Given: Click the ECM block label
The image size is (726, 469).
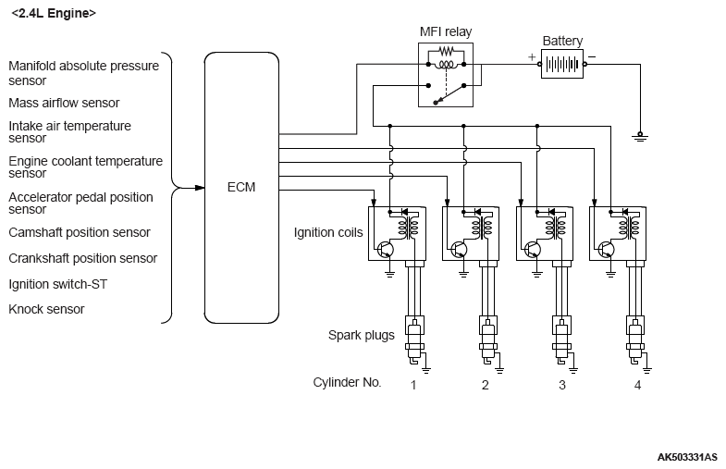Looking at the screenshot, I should [240, 187].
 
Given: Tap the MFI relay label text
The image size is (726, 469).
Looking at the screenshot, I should [446, 32].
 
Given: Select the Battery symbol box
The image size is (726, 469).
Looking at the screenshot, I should [562, 65].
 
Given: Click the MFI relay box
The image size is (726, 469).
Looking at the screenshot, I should [446, 75].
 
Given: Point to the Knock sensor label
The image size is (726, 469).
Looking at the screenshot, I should [46, 309].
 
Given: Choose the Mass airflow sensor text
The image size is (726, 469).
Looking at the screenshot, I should [64, 103].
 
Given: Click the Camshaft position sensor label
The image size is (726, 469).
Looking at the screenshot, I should [79, 232].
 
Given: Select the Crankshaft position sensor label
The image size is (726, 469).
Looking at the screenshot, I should [82, 258].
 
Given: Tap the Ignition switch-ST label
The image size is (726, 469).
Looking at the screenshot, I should [58, 284].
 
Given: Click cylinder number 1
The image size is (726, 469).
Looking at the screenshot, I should [413, 384].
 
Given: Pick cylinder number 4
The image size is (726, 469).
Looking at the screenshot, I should [637, 384].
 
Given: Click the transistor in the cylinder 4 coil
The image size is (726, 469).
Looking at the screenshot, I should [606, 249].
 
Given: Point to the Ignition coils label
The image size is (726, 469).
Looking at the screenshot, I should [328, 232].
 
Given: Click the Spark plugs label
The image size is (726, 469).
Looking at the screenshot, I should [362, 334].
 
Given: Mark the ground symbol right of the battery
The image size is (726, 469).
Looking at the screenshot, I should [640, 135].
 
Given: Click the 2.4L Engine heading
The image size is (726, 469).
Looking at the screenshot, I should [53, 14].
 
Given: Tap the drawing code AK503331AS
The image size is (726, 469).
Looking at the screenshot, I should [688, 457].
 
